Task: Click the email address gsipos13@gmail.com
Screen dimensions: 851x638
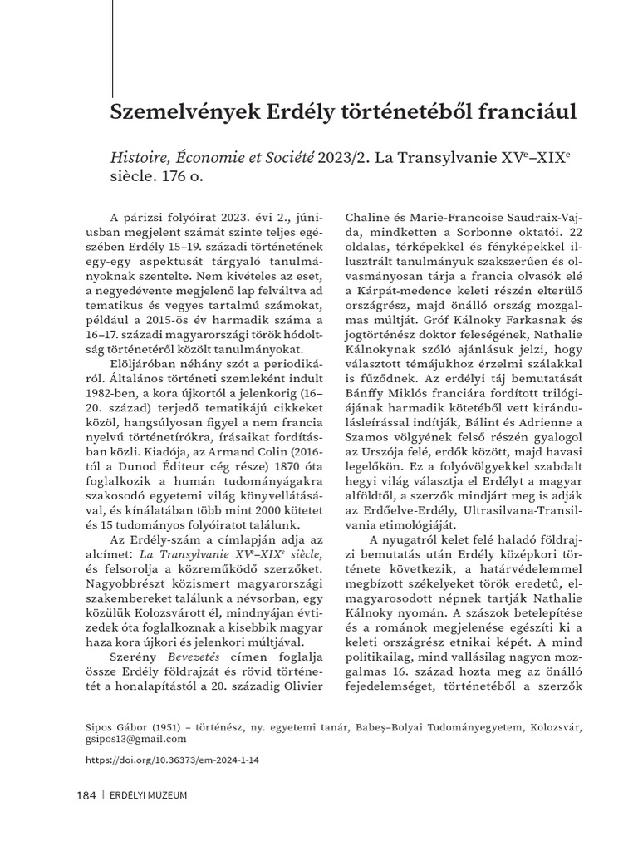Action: [x=136, y=739]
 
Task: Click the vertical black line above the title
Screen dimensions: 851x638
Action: [x=113, y=50]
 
